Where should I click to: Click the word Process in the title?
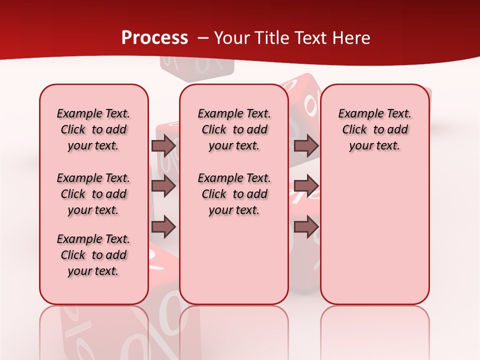coord(154,38)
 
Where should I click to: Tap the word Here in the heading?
coord(352,38)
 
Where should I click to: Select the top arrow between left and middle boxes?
coord(163,146)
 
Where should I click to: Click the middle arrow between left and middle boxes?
coord(163,186)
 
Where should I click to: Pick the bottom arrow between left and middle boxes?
coord(163,227)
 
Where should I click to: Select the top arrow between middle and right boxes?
coord(306,146)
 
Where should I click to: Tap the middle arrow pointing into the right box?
coord(306,186)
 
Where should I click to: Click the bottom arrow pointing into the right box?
coord(306,227)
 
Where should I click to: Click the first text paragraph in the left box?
coord(93,129)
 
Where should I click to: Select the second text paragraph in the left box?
coord(93,194)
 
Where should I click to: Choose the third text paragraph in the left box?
coord(93,255)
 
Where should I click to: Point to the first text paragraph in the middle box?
coord(234,129)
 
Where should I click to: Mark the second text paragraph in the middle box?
coord(234,194)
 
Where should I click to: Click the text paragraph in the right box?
coord(374,129)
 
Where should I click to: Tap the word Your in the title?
coord(232,38)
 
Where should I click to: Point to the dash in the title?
coord(203,38)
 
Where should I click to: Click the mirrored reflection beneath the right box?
coord(375,330)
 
